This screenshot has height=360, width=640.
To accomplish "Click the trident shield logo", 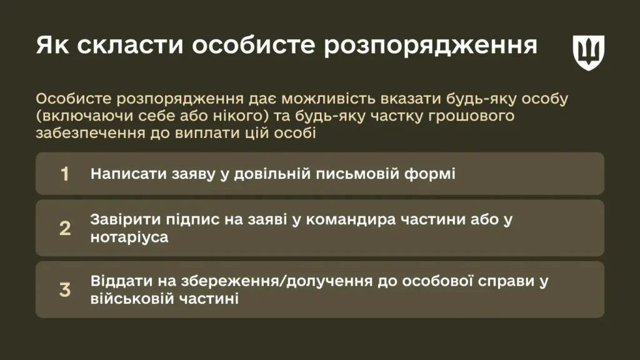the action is (x=588, y=52).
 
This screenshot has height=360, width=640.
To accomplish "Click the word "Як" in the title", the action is (x=52, y=45).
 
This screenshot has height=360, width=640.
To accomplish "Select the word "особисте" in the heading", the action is (x=254, y=45).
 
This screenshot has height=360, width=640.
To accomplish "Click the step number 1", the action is (x=64, y=174).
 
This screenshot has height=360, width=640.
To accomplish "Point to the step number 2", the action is (x=65, y=228).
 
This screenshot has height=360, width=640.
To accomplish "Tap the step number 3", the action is (x=65, y=290).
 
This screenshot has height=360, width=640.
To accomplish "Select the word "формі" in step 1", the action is (x=430, y=174).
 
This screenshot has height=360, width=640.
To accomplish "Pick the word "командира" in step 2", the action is (x=351, y=220).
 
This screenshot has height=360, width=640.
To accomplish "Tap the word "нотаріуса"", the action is (x=129, y=237).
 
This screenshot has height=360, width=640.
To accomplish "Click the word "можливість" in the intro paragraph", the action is (x=329, y=99).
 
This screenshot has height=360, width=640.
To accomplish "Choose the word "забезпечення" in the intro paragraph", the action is (x=90, y=134).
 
